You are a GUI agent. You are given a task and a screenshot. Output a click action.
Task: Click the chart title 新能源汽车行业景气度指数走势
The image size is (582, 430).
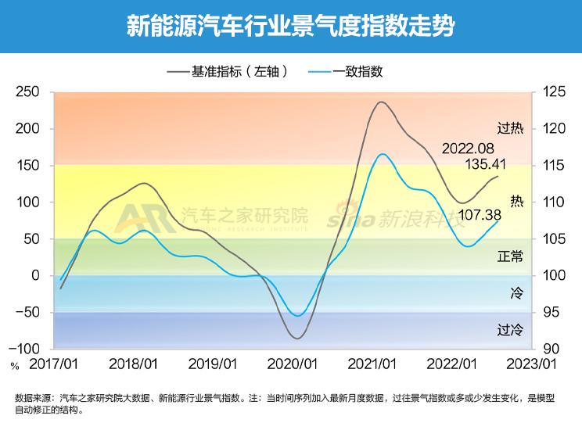291,26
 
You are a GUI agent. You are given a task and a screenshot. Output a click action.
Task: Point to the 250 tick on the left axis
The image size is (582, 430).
28,92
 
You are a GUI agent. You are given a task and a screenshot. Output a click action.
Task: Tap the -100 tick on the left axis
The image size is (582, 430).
26,349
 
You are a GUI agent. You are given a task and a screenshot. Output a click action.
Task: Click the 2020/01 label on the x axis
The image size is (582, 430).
291,364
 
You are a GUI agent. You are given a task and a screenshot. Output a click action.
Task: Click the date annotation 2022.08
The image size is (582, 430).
469,149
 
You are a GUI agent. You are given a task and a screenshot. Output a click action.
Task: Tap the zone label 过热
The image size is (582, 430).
510,128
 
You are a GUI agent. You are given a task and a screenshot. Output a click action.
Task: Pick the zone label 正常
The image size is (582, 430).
510,256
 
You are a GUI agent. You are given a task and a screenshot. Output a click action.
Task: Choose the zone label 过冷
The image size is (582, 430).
510,329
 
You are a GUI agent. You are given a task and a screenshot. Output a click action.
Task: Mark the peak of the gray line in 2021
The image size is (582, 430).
381,102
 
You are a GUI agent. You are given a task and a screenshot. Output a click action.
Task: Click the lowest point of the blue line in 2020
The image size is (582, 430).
297,316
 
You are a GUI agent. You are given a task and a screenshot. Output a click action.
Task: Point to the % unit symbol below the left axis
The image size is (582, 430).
14,364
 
